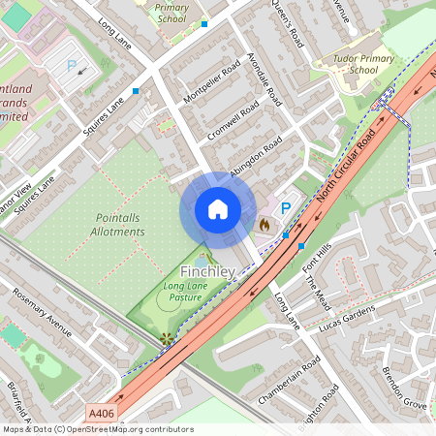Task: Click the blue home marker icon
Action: click(x=218, y=208)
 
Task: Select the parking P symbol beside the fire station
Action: click(x=285, y=208)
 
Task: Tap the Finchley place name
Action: click(x=207, y=272)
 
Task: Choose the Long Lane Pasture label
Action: click(x=188, y=293)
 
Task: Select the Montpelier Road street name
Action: click(x=210, y=85)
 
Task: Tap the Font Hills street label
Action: click(x=317, y=260)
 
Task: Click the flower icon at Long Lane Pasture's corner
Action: click(x=166, y=338)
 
